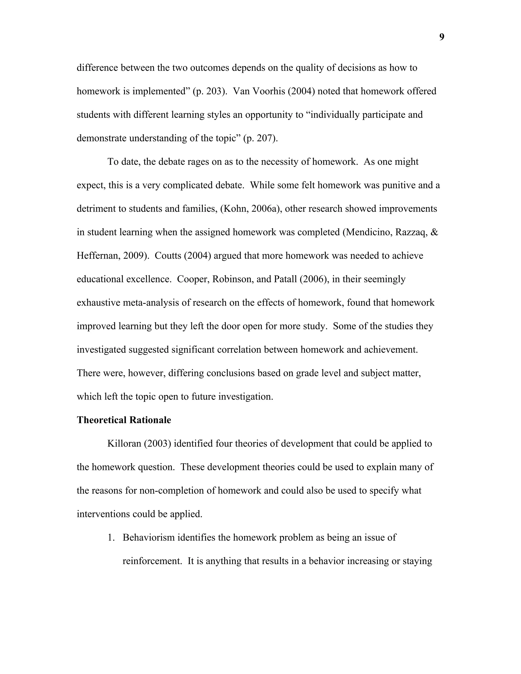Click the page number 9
[x=442, y=37]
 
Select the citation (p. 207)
[x=260, y=138]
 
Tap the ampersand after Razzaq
[x=434, y=232]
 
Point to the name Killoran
[x=124, y=444]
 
